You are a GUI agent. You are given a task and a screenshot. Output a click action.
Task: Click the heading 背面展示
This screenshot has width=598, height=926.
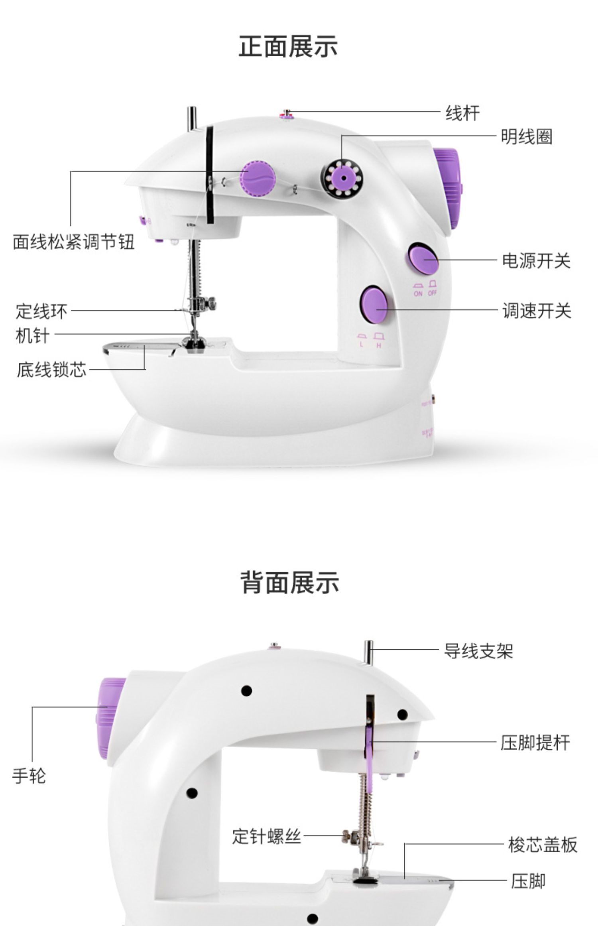point(290,582)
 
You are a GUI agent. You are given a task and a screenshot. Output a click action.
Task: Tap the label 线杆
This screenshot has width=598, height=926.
point(462,113)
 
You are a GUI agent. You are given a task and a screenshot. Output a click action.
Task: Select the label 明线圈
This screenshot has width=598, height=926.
point(526,137)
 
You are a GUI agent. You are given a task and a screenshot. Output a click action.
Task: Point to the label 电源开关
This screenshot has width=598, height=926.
point(536,261)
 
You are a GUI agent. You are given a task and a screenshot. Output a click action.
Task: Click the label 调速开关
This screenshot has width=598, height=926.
point(537,311)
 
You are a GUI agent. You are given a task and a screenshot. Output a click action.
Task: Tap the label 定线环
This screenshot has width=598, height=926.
point(41,311)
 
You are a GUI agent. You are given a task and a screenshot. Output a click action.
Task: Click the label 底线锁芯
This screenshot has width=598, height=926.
point(51,370)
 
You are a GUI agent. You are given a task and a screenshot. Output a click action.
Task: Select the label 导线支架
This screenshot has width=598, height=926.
point(478,651)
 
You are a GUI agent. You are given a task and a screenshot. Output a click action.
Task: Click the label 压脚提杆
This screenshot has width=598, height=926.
point(535,743)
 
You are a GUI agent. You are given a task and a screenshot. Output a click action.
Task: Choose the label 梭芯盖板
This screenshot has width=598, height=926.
point(542,845)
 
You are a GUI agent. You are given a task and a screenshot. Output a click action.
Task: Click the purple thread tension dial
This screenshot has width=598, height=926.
point(258,178)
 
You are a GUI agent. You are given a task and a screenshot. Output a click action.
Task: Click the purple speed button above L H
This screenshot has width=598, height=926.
point(374,305)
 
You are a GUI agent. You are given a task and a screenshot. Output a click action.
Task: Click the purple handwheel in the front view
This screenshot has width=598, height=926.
point(448,187)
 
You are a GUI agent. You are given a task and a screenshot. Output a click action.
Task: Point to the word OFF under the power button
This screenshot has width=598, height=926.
point(433,293)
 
